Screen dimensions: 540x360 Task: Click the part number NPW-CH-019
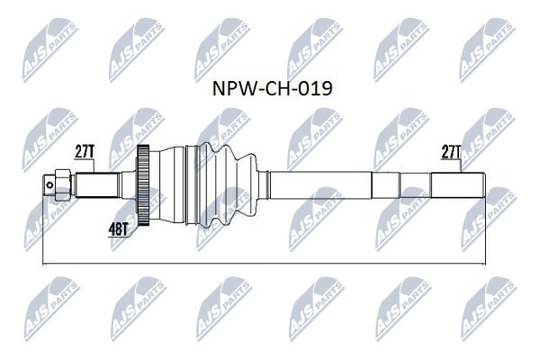click(272, 88)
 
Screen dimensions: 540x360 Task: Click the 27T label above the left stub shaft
click(85, 151)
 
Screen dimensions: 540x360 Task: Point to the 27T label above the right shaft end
click(451, 151)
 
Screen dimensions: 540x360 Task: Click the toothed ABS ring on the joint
click(143, 185)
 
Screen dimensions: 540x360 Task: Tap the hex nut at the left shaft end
click(62, 185)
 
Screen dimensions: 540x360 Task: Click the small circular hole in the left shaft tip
click(49, 185)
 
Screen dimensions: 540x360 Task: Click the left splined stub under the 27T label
click(97, 185)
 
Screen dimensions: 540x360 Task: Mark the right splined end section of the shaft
click(458, 185)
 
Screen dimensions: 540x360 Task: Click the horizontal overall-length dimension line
click(264, 265)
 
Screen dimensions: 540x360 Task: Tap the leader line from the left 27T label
click(94, 166)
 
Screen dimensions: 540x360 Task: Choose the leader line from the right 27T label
click(461, 166)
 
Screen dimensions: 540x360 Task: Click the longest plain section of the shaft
click(320, 185)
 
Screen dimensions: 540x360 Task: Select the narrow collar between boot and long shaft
click(264, 185)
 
